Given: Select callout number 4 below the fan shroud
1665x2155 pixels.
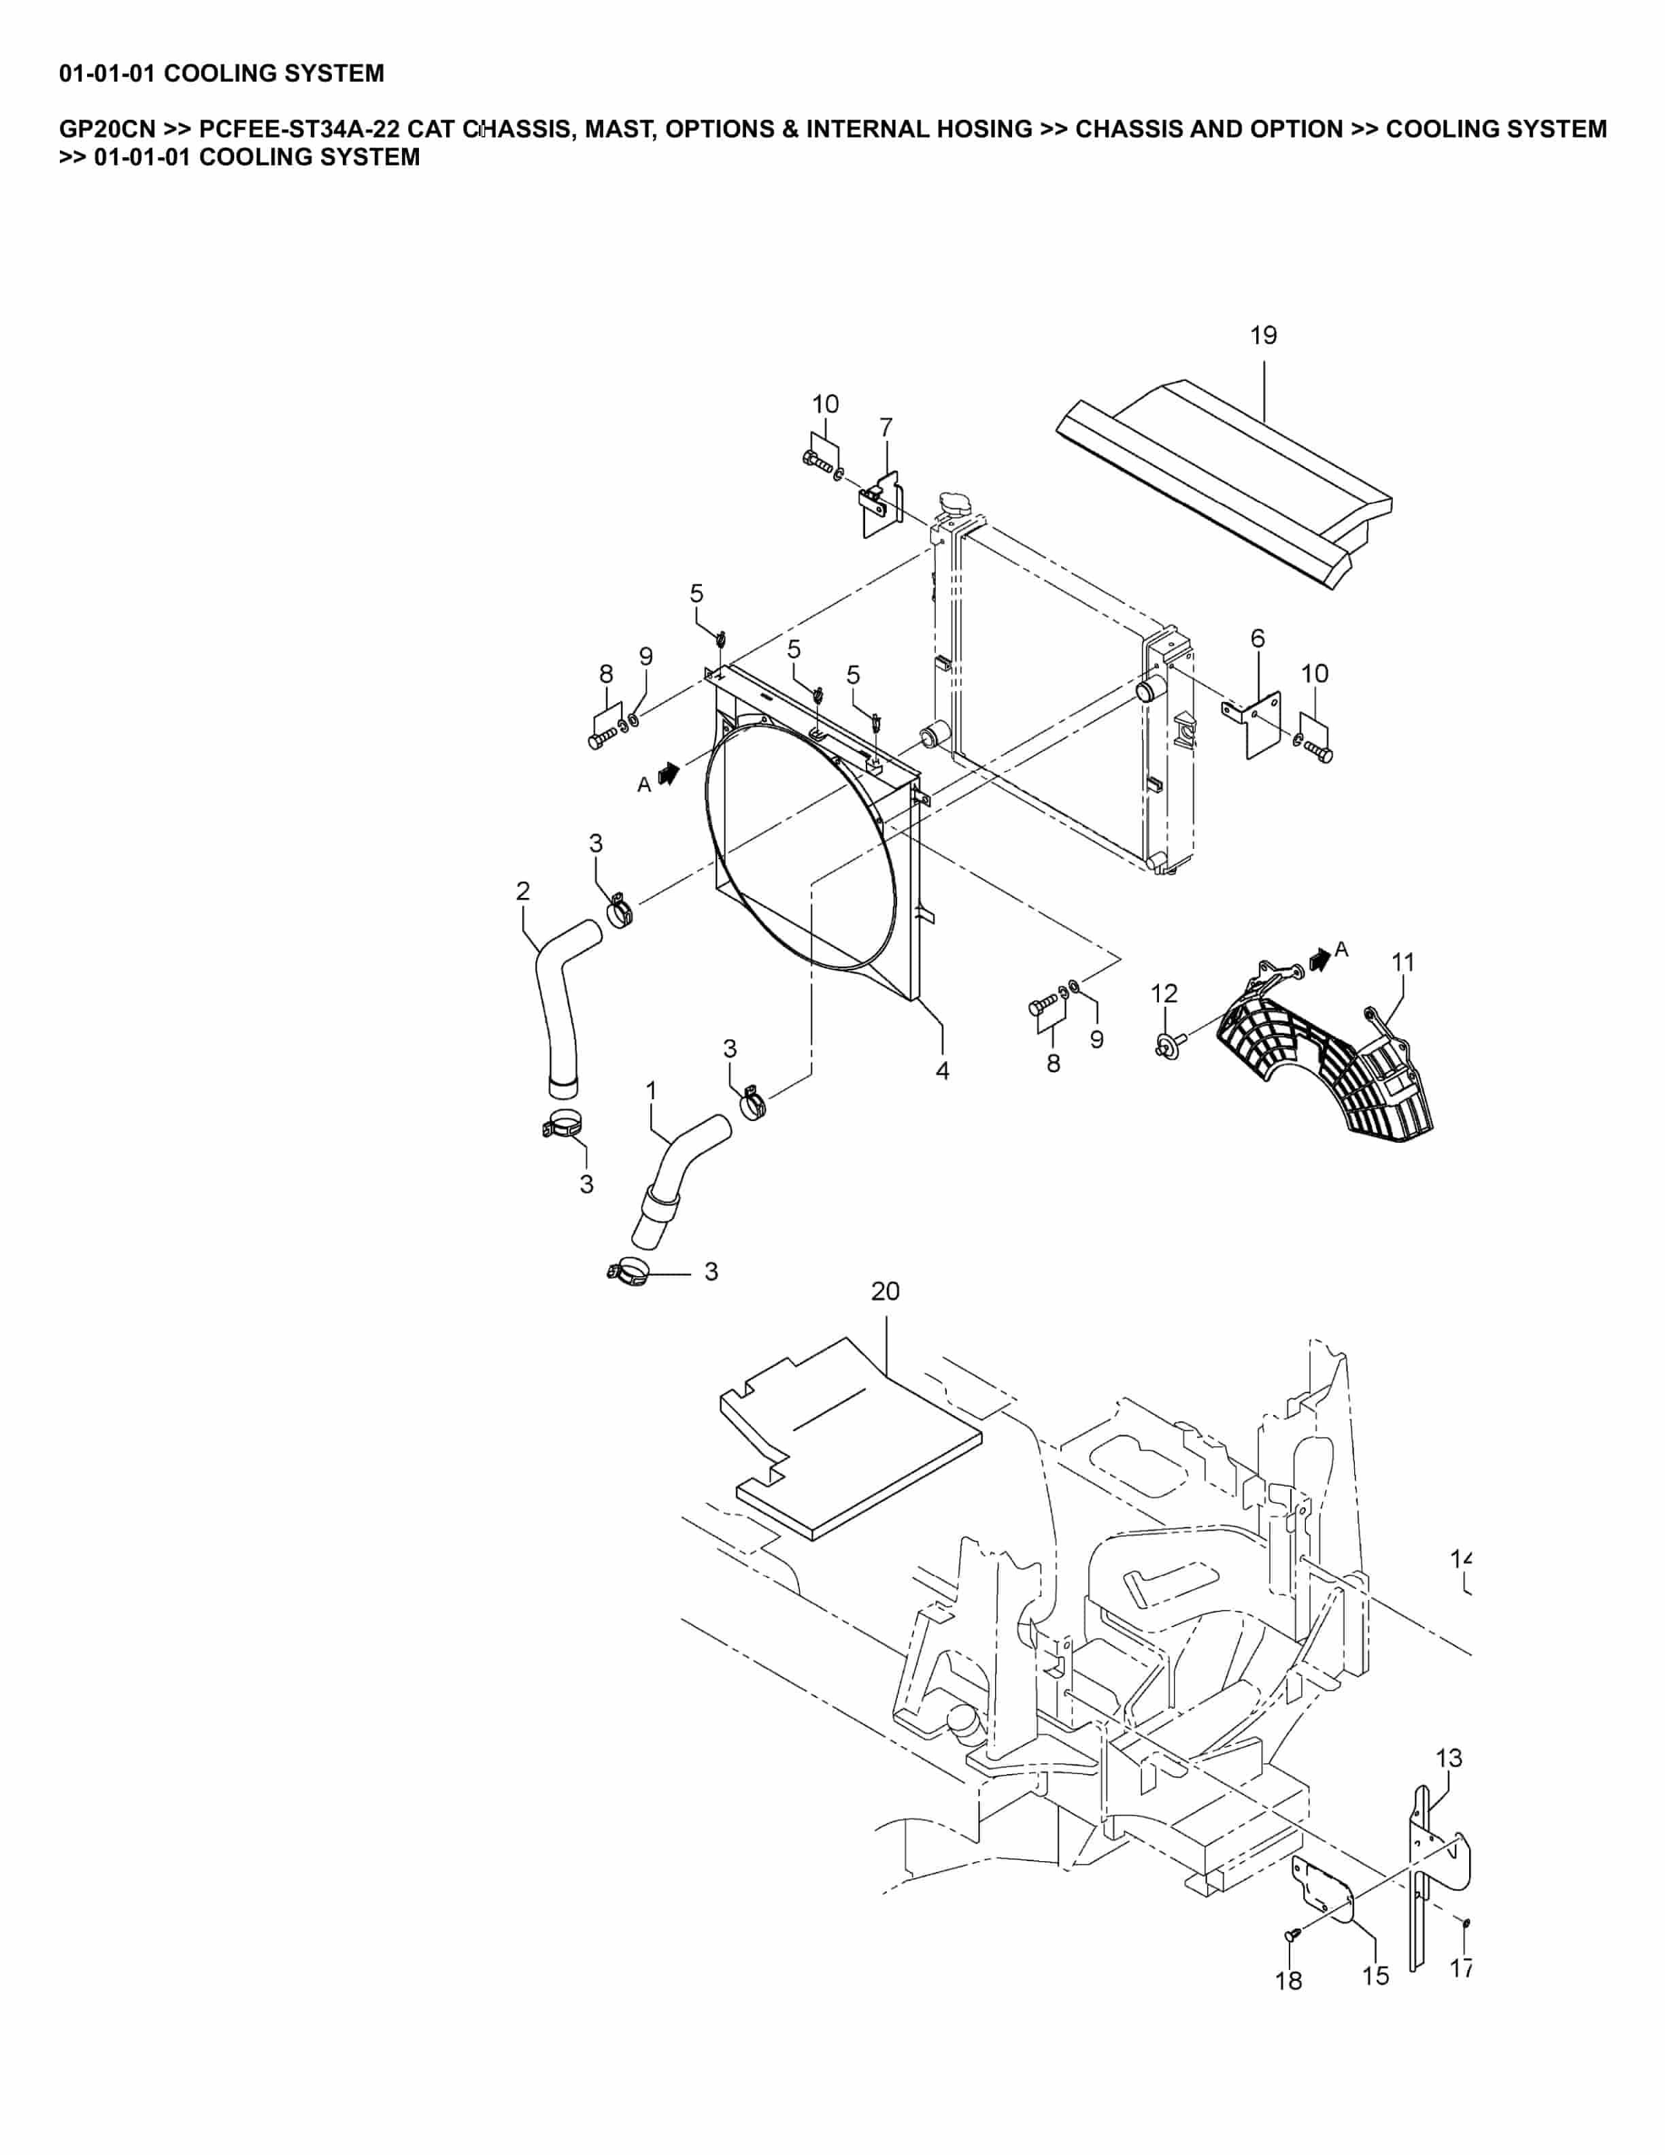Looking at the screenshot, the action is tap(942, 1071).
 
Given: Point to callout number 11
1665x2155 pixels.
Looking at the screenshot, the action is tap(1402, 962).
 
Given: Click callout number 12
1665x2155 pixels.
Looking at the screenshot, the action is tap(1164, 994).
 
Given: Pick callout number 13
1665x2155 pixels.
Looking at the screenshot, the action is tap(1448, 1758).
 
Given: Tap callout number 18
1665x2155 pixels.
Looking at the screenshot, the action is tap(1288, 1982).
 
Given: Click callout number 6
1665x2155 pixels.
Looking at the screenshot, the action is tap(1257, 639).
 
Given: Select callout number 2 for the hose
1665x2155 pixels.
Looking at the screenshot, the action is tap(523, 891).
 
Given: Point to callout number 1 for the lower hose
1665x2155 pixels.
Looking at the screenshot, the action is tap(650, 1090).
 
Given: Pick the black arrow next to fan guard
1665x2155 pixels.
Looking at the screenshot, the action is tap(1319, 956).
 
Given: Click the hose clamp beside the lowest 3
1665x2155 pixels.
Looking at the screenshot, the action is tap(627, 1273).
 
